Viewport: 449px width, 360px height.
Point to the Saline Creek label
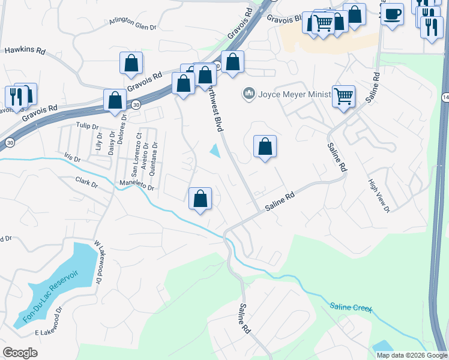click(351, 307)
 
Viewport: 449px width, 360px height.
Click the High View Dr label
click(379, 196)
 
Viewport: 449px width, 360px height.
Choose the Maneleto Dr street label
click(137, 186)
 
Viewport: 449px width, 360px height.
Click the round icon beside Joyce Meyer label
click(248, 94)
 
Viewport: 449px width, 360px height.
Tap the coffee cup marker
click(392, 14)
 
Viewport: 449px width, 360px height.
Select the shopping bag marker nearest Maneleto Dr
click(200, 199)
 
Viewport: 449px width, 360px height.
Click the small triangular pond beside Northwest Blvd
click(215, 152)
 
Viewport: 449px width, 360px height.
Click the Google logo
click(20, 352)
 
